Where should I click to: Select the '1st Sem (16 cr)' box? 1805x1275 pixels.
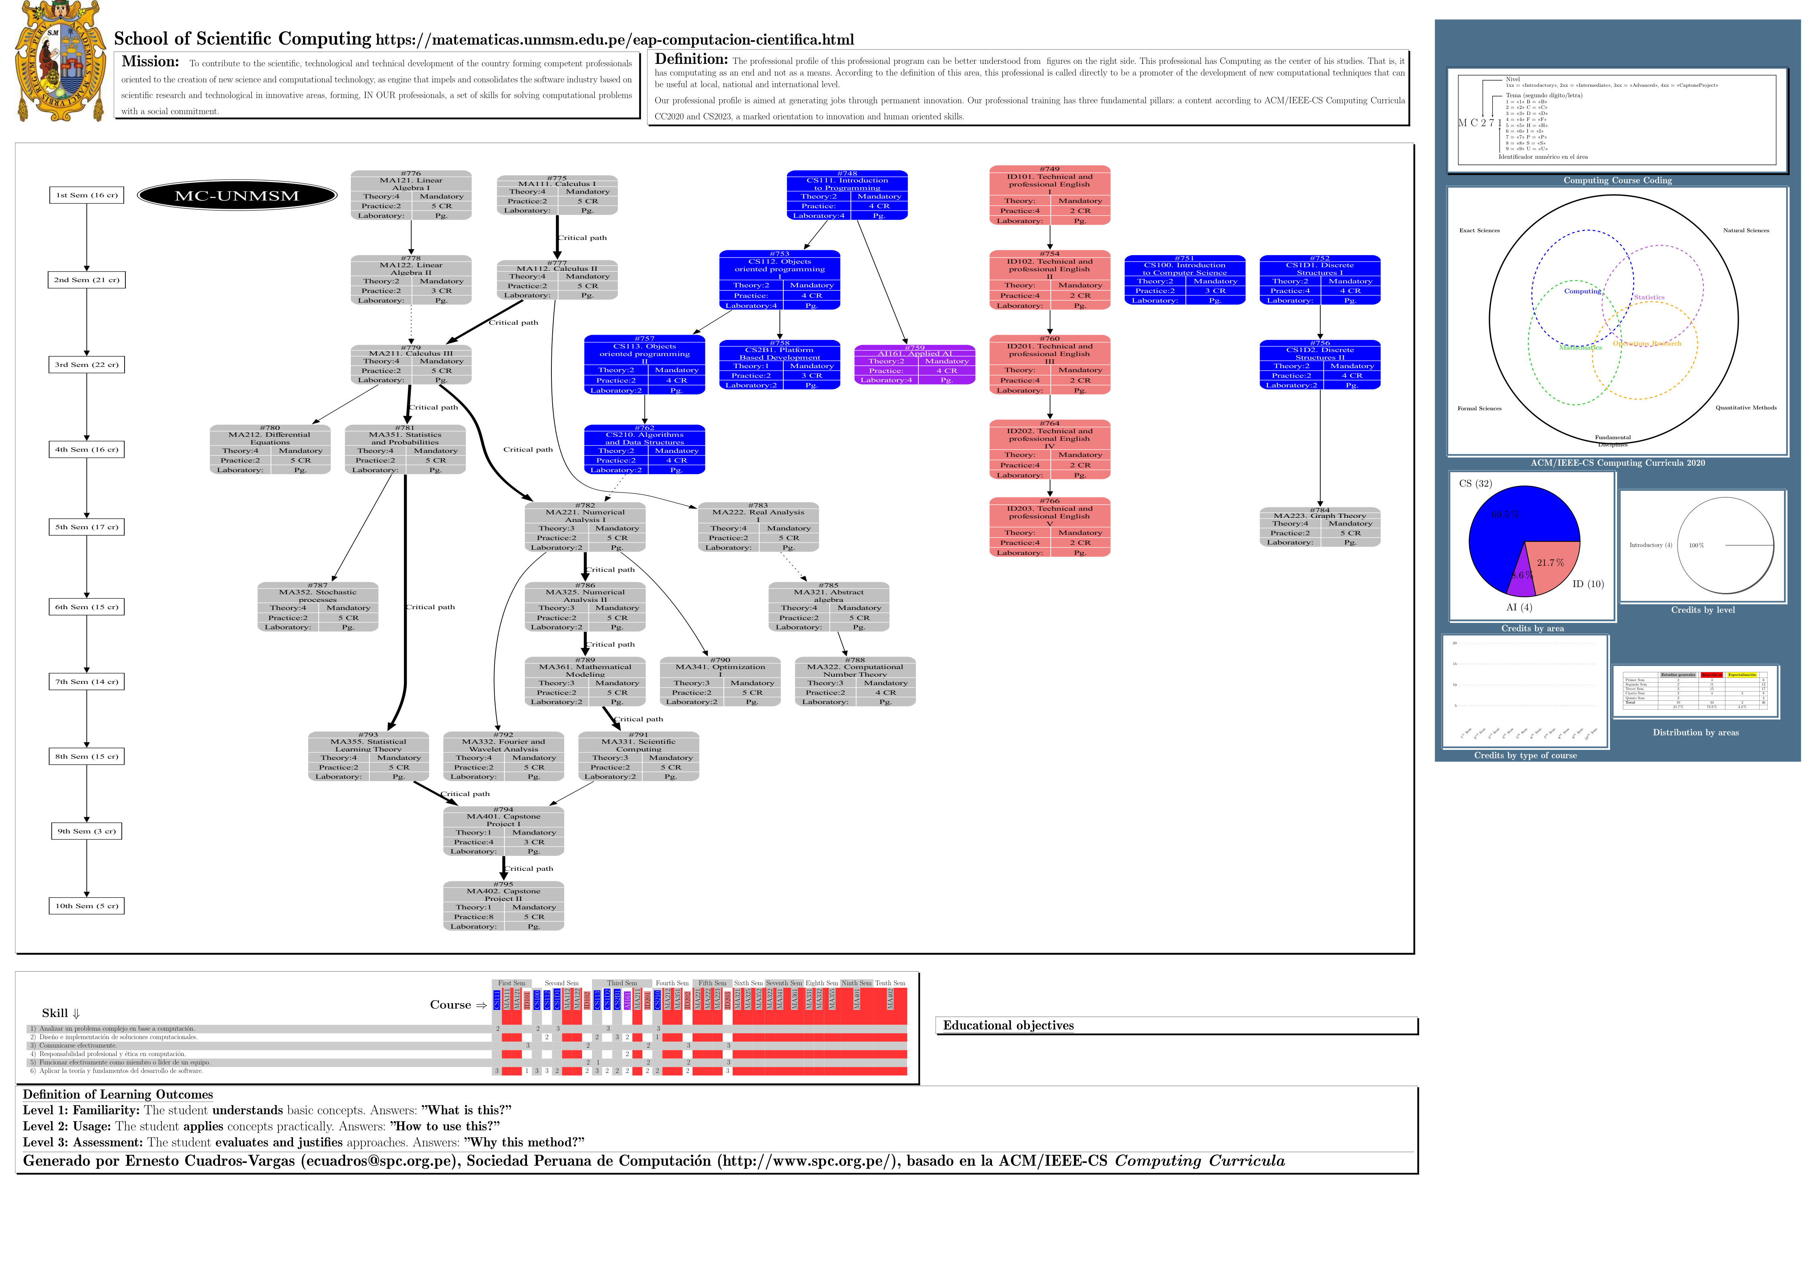click(86, 195)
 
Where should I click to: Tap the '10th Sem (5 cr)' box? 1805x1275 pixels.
click(86, 906)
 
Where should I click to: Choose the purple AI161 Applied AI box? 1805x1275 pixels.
click(914, 365)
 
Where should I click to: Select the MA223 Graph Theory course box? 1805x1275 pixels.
click(1320, 527)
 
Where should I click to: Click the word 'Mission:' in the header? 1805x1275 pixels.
click(150, 61)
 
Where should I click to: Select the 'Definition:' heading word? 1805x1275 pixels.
click(691, 59)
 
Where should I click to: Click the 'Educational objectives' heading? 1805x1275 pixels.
click(1008, 1025)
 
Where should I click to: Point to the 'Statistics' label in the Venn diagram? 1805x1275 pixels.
click(1649, 297)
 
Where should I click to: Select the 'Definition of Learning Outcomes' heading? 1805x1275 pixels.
click(118, 1094)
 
